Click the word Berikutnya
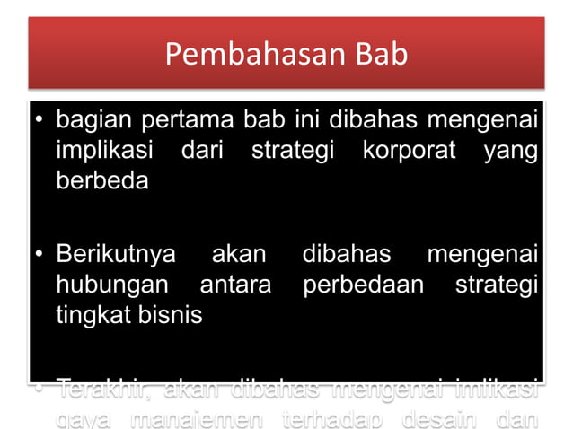tap(117, 254)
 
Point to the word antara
tap(235, 285)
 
